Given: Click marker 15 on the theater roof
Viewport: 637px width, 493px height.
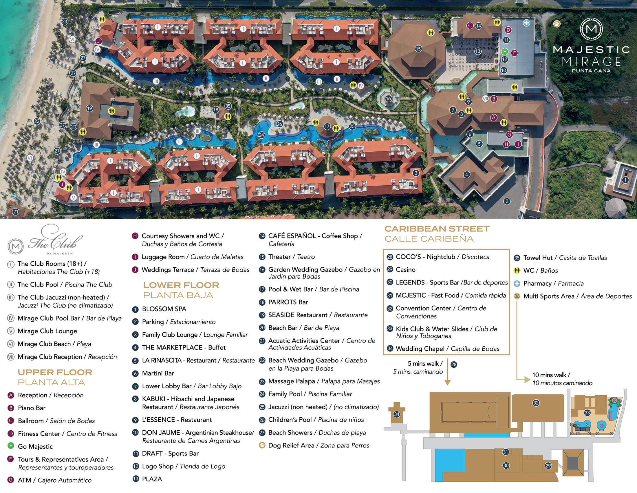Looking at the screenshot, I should pyautogui.click(x=418, y=49).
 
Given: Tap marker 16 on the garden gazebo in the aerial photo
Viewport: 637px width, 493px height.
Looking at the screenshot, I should pyautogui.click(x=388, y=98).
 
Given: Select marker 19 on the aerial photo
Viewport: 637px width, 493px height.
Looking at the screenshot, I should pyautogui.click(x=89, y=108).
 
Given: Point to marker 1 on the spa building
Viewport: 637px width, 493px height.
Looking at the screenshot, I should pyautogui.click(x=625, y=180).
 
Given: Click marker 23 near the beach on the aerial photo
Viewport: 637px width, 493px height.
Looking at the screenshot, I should pyautogui.click(x=65, y=21).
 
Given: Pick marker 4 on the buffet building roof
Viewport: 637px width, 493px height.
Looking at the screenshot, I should pyautogui.click(x=467, y=175).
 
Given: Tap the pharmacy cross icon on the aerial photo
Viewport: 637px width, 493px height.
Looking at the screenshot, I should pyautogui.click(x=526, y=23).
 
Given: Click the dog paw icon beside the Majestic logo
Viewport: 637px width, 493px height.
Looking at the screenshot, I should pyautogui.click(x=557, y=24).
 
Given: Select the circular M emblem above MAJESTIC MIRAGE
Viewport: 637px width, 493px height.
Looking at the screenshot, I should pyautogui.click(x=591, y=29).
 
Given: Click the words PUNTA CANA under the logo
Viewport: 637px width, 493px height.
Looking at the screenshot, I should pyautogui.click(x=591, y=71).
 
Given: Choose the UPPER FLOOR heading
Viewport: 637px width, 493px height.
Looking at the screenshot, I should pyautogui.click(x=55, y=372).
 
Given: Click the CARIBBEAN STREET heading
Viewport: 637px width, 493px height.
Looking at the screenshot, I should pyautogui.click(x=437, y=229).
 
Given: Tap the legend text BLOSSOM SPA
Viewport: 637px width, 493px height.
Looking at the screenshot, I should pyautogui.click(x=164, y=309).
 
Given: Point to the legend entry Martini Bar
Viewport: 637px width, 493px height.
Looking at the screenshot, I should pyautogui.click(x=158, y=373).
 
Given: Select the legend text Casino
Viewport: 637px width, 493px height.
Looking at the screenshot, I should pyautogui.click(x=405, y=270).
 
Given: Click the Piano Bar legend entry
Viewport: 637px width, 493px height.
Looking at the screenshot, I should pyautogui.click(x=32, y=408).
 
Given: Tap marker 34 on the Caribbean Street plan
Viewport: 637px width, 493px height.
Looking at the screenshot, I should pyautogui.click(x=397, y=414).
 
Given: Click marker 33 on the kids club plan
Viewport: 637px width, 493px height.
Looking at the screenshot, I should pyautogui.click(x=587, y=413).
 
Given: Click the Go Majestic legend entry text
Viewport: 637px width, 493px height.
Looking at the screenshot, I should pyautogui.click(x=35, y=447).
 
